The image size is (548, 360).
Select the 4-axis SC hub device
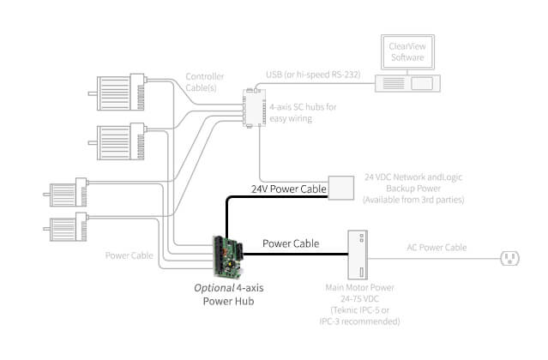pos(253,107)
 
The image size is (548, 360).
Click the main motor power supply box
pos(358,255)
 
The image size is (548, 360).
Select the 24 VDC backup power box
pos(342,189)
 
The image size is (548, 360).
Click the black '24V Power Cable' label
pos(289,188)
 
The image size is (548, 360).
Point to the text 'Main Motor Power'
pos(358,289)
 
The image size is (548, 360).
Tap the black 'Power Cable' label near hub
pos(290,243)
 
